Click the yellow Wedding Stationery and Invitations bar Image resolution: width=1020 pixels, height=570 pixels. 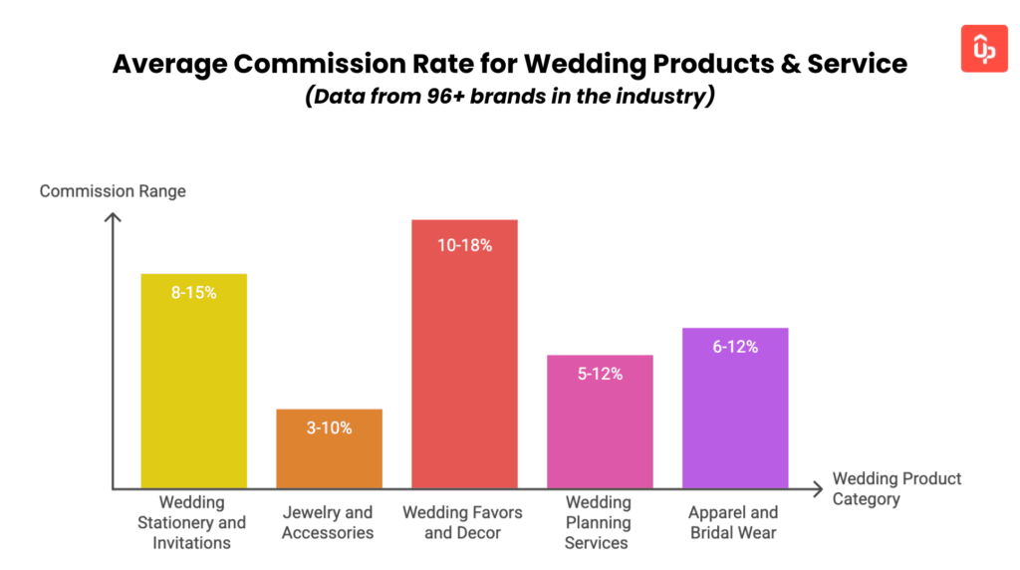tap(193, 389)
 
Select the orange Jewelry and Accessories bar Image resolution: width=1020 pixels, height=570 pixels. tap(329, 453)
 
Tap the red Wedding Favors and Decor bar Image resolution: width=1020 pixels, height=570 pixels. tap(464, 359)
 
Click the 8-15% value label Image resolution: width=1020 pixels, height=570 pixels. tap(193, 293)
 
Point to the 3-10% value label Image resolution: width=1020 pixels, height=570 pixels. tap(329, 428)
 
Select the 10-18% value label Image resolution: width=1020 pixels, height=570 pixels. tap(464, 244)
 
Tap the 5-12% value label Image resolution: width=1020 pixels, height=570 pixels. tap(600, 374)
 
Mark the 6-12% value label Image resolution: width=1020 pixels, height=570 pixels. tap(735, 347)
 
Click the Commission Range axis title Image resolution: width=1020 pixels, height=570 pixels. tap(113, 190)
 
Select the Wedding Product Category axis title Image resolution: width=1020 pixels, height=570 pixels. tap(896, 488)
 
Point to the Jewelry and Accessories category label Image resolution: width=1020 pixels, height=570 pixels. tap(328, 522)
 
